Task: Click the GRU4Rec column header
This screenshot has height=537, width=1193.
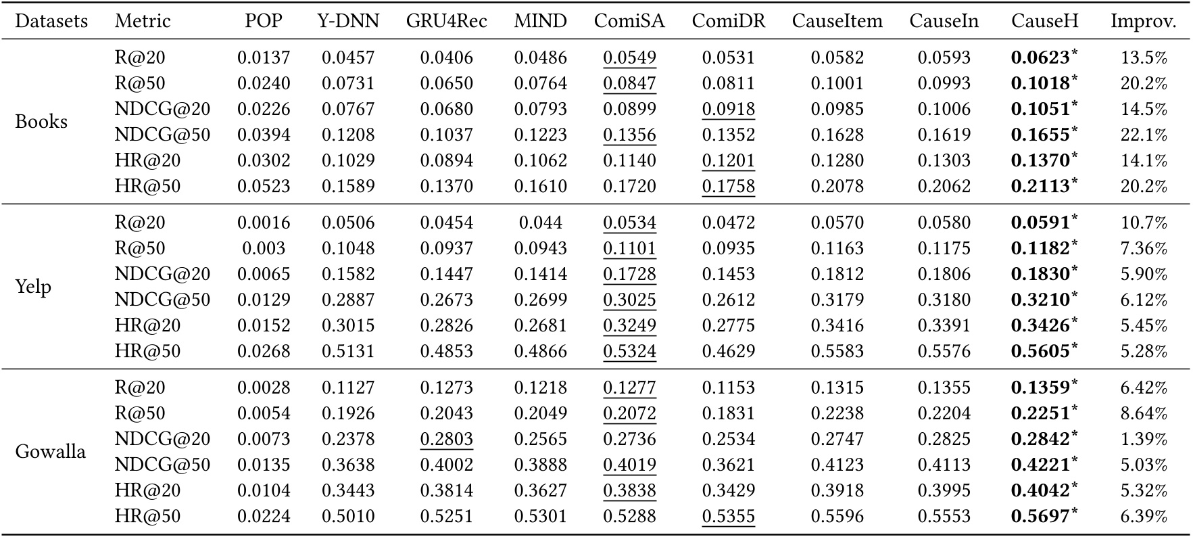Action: [446, 21]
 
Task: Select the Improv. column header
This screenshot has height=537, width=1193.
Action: [1143, 21]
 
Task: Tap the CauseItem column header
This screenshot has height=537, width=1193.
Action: [837, 21]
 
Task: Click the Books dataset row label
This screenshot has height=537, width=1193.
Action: [41, 122]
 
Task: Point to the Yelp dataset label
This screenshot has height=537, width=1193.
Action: [33, 287]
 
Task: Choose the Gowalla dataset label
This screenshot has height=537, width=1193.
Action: [50, 452]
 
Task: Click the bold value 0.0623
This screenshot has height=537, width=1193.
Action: [1040, 57]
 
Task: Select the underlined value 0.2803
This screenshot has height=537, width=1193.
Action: [446, 439]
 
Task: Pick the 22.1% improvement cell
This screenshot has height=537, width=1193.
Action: [1144, 135]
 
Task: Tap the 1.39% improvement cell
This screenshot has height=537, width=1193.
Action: [1144, 439]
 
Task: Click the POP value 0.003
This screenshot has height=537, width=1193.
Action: [264, 248]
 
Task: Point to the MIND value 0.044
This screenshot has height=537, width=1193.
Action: [540, 223]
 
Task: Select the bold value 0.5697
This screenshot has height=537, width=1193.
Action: [1040, 516]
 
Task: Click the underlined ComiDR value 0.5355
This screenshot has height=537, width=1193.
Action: [728, 516]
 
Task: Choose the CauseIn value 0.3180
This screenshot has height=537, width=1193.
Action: [944, 300]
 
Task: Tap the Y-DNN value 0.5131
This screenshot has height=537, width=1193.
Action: [347, 351]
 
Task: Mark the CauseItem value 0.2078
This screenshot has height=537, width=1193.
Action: [837, 186]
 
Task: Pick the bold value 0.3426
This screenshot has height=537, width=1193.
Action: [1040, 325]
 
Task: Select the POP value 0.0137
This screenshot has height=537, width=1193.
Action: [264, 57]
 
